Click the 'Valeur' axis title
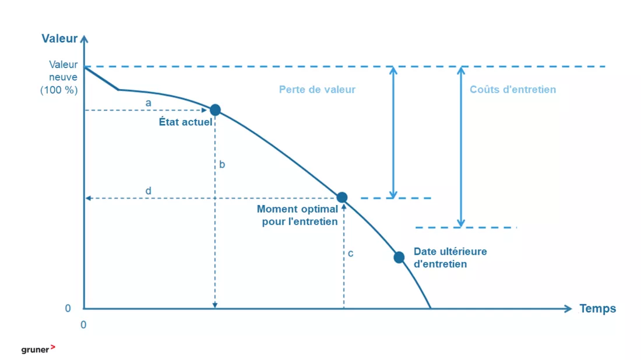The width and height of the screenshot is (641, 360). click(x=59, y=38)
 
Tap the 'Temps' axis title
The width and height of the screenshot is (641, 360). click(x=597, y=309)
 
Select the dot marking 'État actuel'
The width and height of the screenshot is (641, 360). click(x=215, y=110)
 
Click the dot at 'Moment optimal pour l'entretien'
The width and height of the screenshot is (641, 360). click(x=342, y=198)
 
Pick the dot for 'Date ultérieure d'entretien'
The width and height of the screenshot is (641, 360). click(x=399, y=257)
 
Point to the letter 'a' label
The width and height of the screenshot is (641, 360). click(x=149, y=103)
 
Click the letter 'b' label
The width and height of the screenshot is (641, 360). click(x=222, y=164)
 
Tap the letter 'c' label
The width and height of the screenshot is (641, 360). click(x=351, y=254)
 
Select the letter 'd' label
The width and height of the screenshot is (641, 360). click(x=149, y=190)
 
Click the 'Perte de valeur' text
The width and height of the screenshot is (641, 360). click(x=317, y=90)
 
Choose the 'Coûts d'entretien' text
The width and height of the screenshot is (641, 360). click(x=513, y=90)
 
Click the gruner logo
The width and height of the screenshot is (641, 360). click(x=38, y=350)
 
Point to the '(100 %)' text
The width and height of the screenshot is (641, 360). click(x=59, y=90)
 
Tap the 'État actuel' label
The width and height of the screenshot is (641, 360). click(x=185, y=122)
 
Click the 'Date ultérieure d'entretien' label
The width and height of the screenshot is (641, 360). click(x=450, y=257)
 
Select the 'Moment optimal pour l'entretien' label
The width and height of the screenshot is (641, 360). click(x=298, y=216)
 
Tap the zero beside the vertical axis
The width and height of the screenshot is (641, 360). click(x=68, y=309)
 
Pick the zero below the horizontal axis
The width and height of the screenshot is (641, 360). click(x=83, y=325)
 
